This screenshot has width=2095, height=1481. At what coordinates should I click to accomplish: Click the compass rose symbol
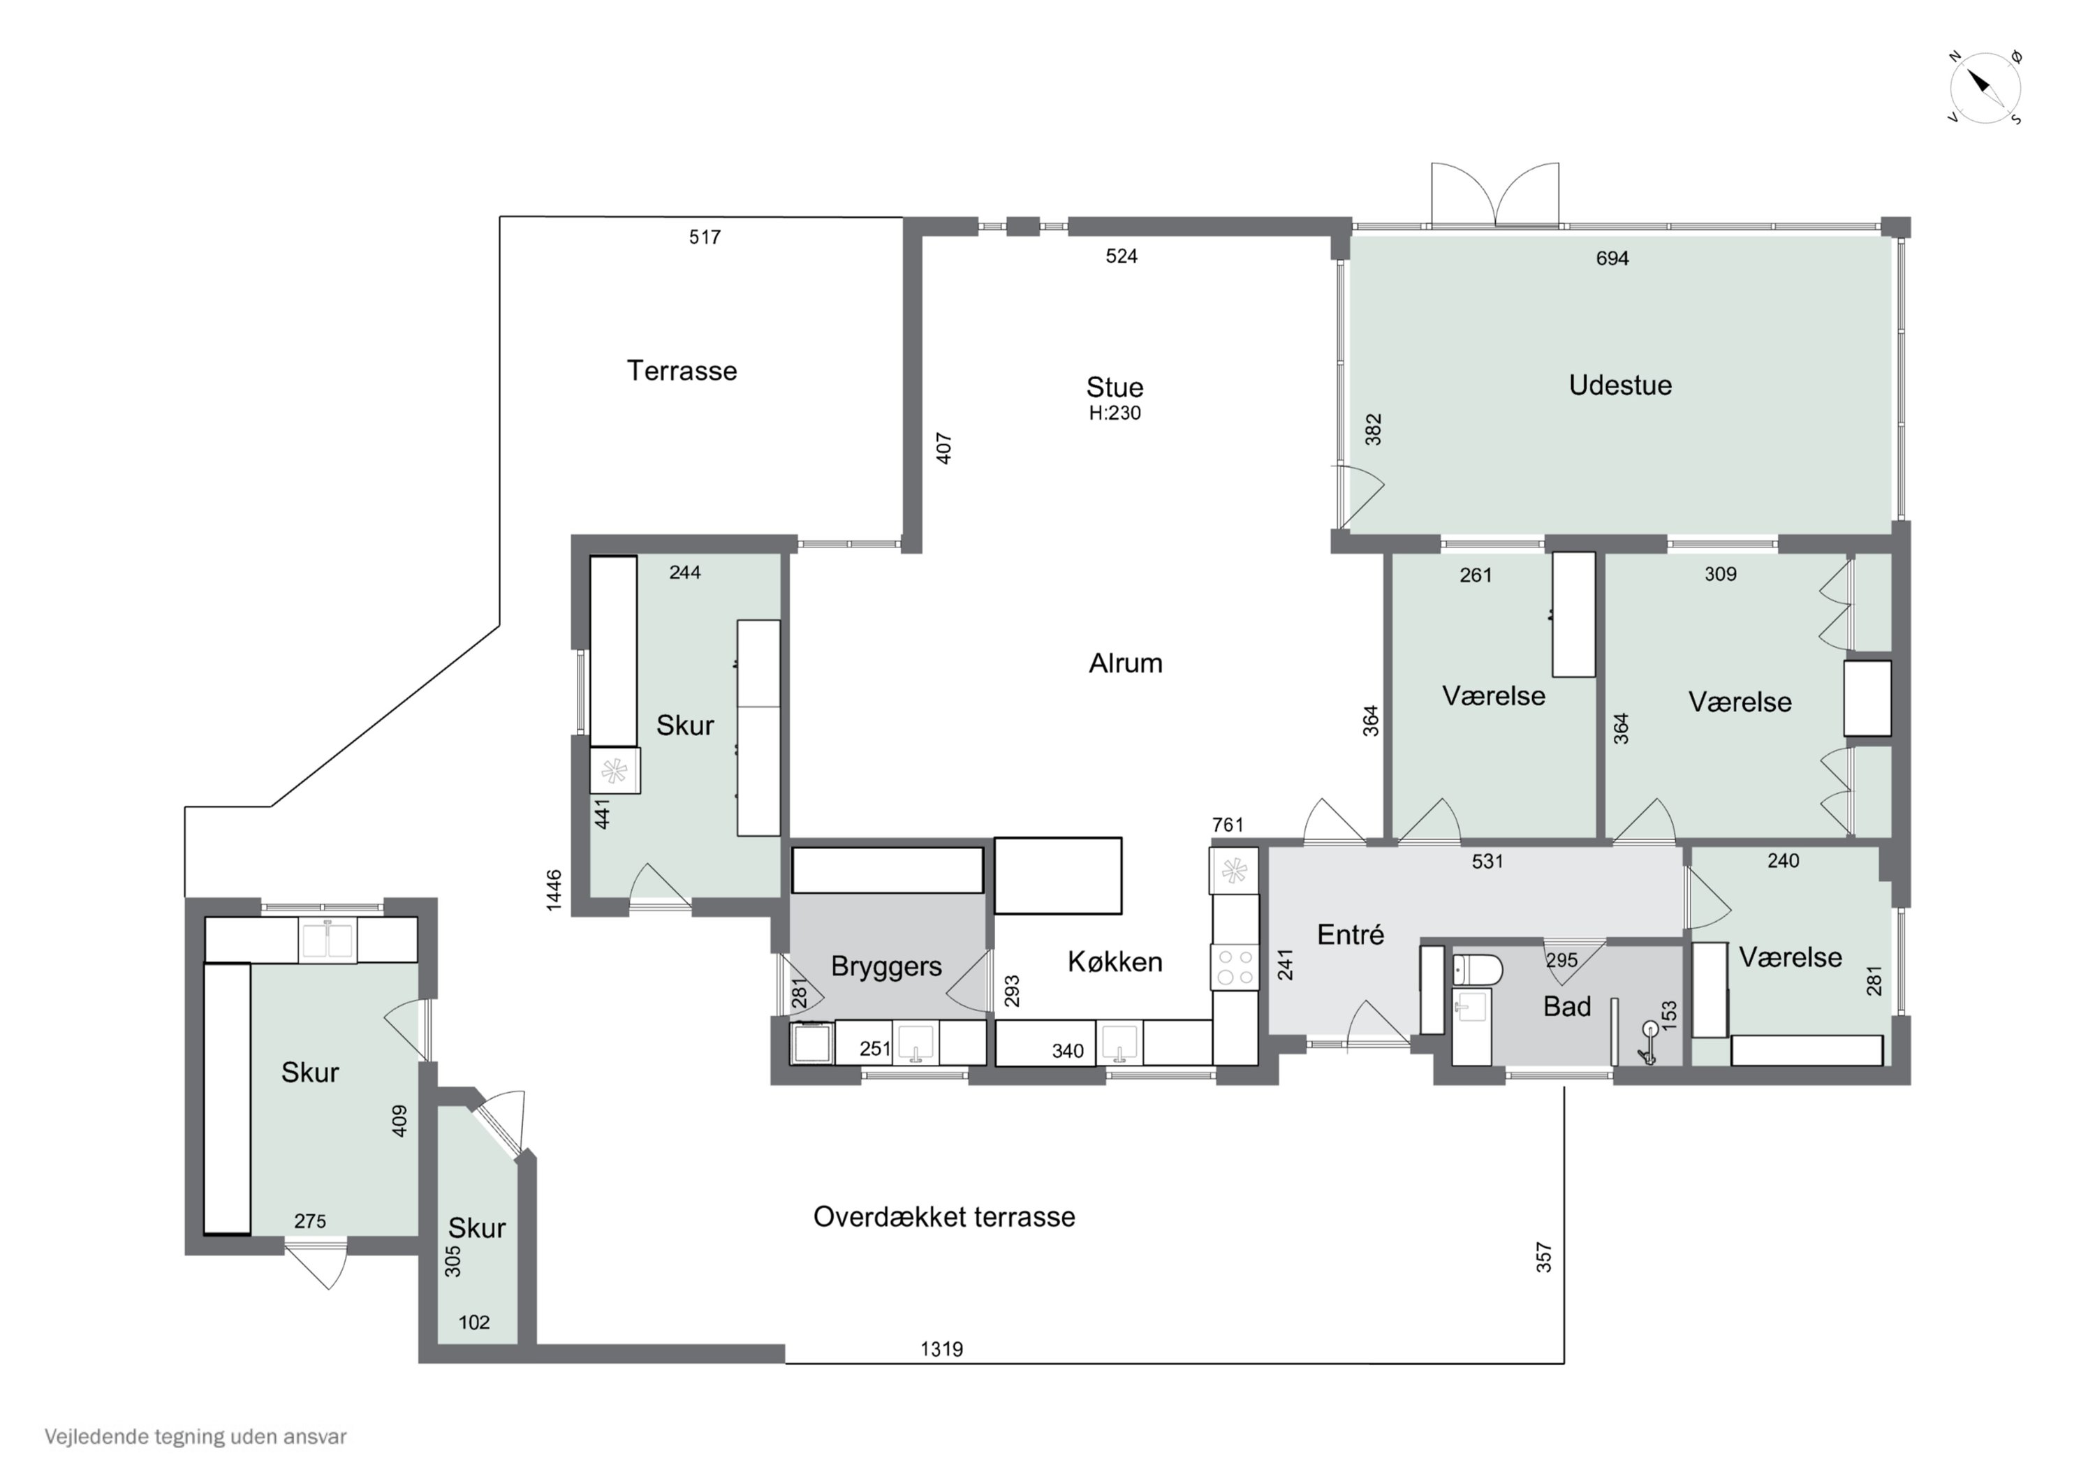(1985, 89)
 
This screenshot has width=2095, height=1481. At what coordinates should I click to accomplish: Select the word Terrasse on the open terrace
(682, 371)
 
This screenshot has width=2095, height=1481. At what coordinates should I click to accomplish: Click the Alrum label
(1125, 663)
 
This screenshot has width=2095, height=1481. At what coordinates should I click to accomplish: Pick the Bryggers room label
(886, 966)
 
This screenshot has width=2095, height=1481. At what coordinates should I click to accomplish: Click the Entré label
(1351, 934)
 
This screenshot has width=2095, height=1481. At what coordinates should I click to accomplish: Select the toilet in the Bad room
(1476, 970)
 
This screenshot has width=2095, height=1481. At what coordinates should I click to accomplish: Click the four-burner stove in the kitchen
(1234, 967)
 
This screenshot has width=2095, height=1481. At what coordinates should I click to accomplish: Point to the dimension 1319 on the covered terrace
(941, 1349)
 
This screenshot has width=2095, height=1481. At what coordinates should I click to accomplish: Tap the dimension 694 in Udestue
(1612, 258)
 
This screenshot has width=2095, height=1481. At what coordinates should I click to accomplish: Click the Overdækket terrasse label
(944, 1216)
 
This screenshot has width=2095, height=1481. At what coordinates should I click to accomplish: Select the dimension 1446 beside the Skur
(553, 890)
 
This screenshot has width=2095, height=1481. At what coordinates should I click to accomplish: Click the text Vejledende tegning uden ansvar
(196, 1437)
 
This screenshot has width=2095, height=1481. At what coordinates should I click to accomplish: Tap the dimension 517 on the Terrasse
(705, 237)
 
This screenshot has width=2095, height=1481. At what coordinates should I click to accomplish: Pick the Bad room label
(1566, 1006)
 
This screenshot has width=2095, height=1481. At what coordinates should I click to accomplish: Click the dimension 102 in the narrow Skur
(473, 1322)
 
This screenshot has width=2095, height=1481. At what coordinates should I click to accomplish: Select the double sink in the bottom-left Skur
(328, 940)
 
